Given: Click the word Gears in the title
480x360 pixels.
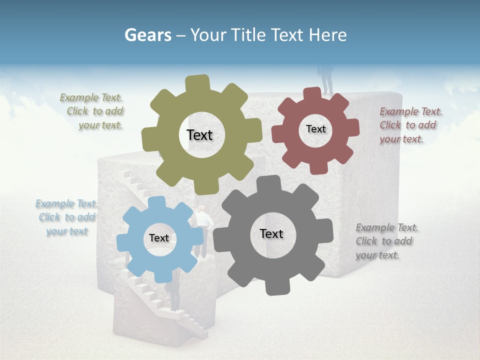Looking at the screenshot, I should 147,35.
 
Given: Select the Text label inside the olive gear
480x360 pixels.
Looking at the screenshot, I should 199,135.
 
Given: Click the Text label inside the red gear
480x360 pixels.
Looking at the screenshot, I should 315,129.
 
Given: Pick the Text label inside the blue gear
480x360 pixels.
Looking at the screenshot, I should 159,238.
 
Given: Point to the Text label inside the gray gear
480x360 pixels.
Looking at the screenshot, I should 271,233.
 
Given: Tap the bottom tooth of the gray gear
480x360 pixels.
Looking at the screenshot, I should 274,287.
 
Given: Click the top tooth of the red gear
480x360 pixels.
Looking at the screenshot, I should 312,93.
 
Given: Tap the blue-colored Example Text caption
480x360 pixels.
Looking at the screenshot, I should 66,217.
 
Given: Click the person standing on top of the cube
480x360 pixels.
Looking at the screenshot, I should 326,80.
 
